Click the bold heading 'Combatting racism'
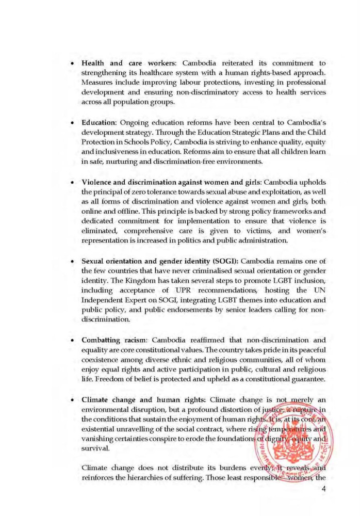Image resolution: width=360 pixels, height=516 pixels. click(x=112, y=341)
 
